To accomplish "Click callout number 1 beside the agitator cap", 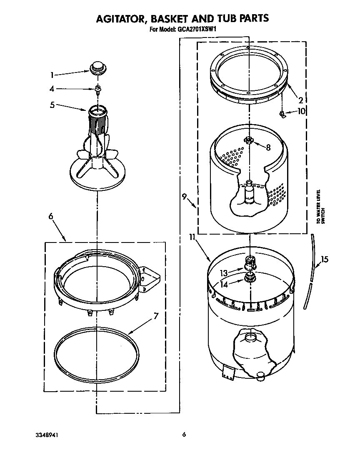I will tap(52, 75).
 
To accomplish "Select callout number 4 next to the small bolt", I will tap(52, 89).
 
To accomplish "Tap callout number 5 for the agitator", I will tap(52, 105).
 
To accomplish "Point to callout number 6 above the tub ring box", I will tap(51, 216).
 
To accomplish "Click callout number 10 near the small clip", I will tap(301, 111).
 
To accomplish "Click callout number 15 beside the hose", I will tap(325, 260).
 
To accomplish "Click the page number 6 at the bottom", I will tap(183, 435).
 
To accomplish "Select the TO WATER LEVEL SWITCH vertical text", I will tap(320, 207).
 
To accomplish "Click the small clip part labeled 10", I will tap(283, 113).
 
